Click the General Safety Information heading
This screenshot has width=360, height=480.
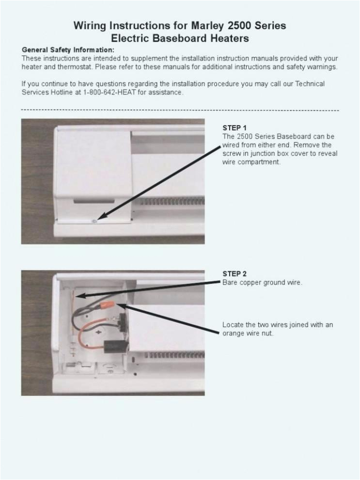(68, 50)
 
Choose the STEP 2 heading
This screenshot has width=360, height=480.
(235, 273)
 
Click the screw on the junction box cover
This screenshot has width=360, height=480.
(96, 221)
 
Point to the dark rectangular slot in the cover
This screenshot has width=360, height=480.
(94, 200)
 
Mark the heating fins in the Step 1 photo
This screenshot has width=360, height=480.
(170, 201)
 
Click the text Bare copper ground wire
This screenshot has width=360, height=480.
(262, 282)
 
